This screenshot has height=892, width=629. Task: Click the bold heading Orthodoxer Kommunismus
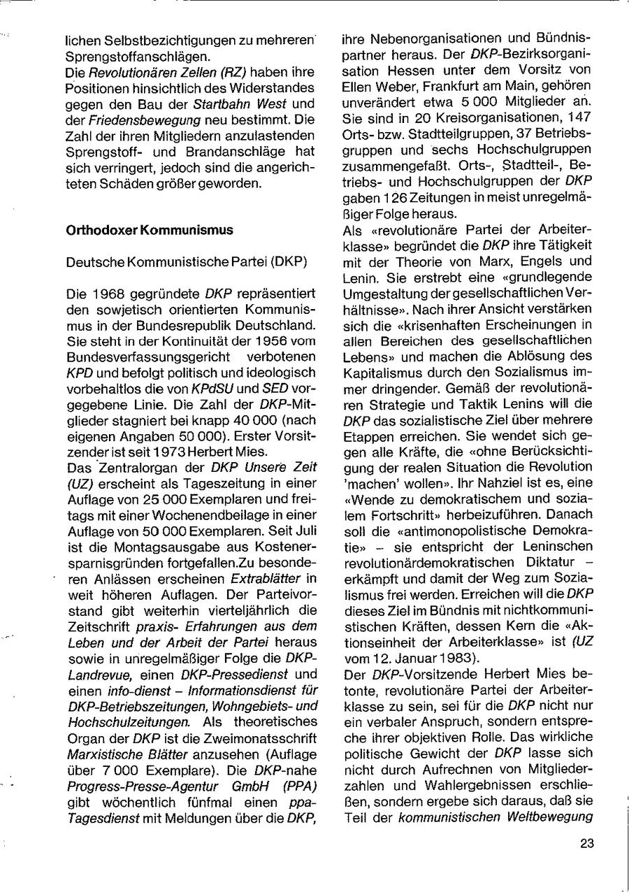(x=150, y=230)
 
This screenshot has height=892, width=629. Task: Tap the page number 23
(x=586, y=843)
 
